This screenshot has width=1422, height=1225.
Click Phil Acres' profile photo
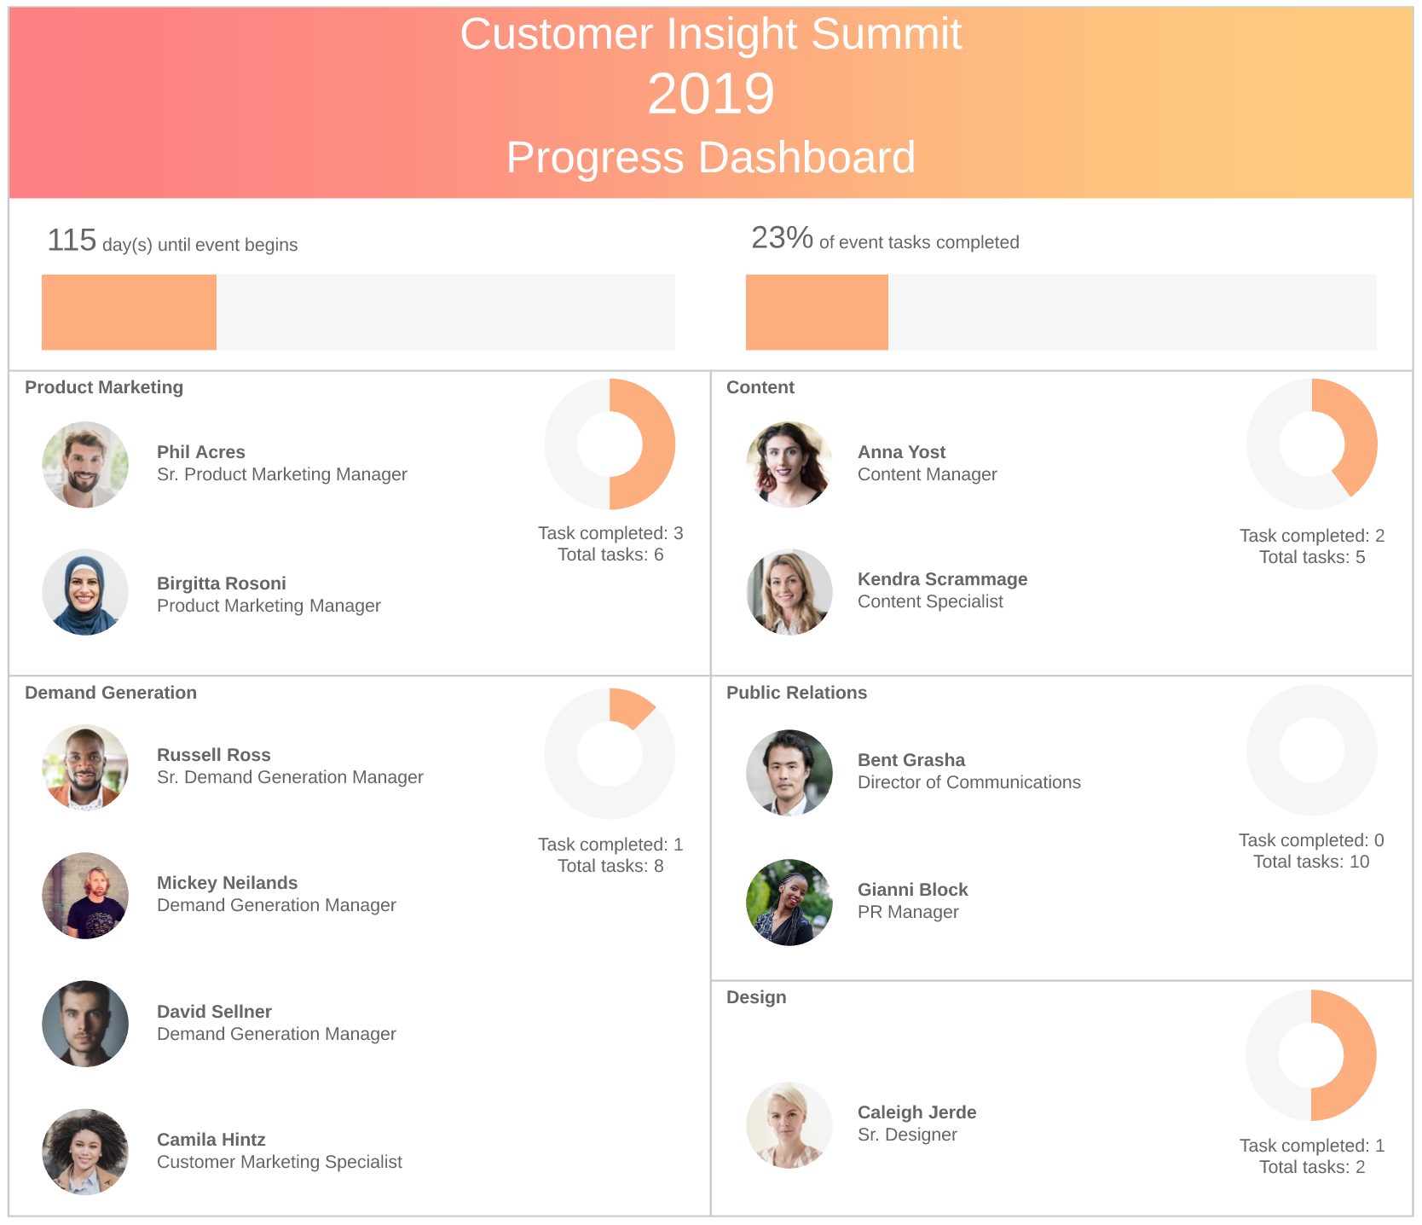[85, 465]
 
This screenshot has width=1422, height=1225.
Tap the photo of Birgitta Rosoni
[85, 592]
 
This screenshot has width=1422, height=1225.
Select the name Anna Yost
[901, 452]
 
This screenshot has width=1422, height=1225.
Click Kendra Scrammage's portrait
[789, 592]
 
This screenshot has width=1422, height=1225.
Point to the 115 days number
[72, 241]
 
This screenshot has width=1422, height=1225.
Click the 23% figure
[782, 238]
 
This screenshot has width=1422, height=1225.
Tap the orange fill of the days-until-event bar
[129, 312]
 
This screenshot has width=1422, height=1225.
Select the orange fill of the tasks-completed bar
[817, 312]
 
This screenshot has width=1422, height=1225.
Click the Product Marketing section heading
[104, 387]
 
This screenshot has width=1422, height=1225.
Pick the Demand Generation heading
[111, 693]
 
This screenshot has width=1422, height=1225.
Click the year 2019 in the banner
[710, 94]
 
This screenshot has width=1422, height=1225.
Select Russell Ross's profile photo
[85, 768]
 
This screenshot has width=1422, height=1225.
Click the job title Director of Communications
[968, 782]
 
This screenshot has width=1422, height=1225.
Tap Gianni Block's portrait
[789, 903]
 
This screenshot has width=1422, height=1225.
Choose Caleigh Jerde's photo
[789, 1125]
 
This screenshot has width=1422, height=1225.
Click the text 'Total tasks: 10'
[1311, 862]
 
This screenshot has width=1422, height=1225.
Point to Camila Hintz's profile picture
[85, 1152]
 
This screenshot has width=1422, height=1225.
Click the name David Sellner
[214, 1012]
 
